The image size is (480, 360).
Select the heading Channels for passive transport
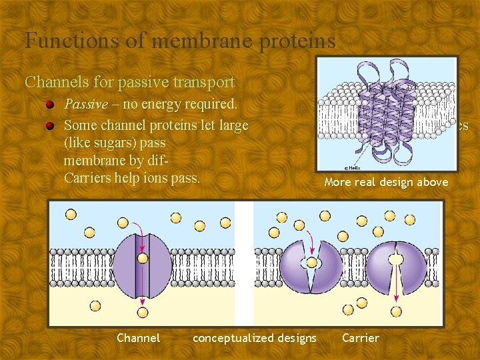[x=130, y=82]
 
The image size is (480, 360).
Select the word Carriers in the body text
[x=89, y=178]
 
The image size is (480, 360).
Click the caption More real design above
[x=386, y=182]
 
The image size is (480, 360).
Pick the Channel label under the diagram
[x=139, y=338]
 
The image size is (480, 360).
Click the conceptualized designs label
[x=255, y=338]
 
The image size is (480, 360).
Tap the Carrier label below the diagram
[x=361, y=338]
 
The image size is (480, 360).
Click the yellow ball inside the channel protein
[x=143, y=258]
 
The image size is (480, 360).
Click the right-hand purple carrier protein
[x=396, y=267]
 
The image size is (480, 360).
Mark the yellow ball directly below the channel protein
[x=143, y=311]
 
